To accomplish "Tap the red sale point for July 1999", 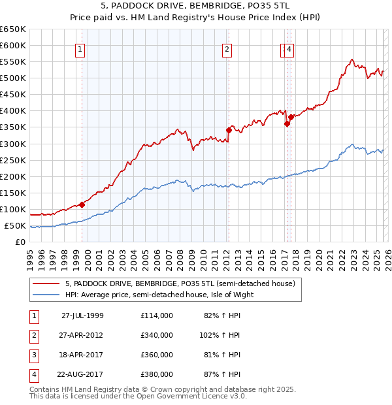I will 82,204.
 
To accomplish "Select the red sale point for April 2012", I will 229,130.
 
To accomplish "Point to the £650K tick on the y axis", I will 13,29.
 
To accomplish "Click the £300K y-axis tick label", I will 13,144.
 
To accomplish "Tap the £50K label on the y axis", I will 16,226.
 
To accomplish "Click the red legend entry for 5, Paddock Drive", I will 180,283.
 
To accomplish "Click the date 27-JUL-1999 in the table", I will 82,316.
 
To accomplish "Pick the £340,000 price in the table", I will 157,335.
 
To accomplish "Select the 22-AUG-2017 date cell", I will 82,374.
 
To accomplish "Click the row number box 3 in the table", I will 33,355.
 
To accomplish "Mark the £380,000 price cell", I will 157,374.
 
